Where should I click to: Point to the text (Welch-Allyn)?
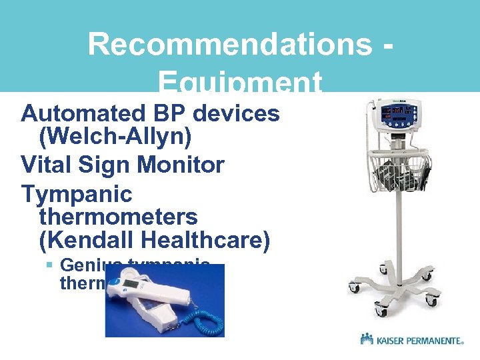tap(115, 138)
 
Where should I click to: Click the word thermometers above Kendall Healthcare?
tap(119, 217)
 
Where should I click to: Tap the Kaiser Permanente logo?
tap(412, 340)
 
